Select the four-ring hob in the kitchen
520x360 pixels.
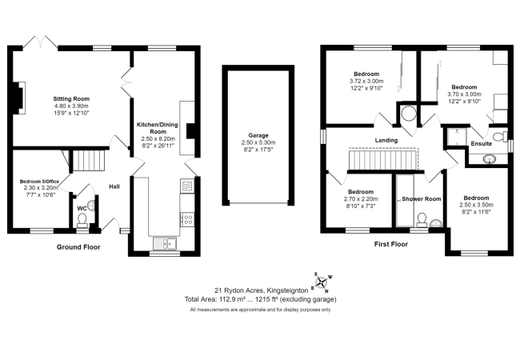pos(187,216)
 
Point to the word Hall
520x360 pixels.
pos(115,187)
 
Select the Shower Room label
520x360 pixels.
pos(421,198)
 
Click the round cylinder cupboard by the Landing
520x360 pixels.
pos(409,115)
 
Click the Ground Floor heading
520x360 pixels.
pos(78,247)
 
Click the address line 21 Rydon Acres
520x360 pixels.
pos(260,290)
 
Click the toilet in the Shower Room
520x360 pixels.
pos(437,222)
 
